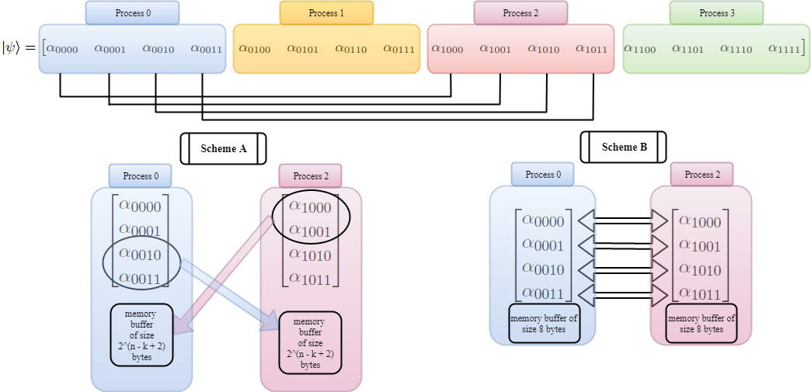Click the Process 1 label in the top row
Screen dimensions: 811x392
pos(326,13)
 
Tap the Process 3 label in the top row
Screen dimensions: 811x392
pos(716,13)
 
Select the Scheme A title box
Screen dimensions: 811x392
pos(223,149)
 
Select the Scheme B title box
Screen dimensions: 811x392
pos(623,147)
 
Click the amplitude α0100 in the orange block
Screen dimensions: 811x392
pos(255,49)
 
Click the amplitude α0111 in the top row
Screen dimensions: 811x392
pos(399,49)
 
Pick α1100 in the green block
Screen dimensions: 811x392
pos(640,49)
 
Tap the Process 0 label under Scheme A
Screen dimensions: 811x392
pos(141,176)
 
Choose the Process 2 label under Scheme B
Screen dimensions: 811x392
pos(702,175)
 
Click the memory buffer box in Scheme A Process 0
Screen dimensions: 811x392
pos(141,335)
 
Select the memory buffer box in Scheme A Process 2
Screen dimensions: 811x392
pos(310,342)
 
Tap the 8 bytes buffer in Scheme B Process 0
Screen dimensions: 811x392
pos(544,323)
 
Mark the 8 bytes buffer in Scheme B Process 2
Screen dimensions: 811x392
pos(702,323)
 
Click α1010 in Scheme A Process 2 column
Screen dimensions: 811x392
pos(310,255)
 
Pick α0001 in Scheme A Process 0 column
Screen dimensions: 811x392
pos(140,230)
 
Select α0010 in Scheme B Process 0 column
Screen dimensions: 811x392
pos(543,269)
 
